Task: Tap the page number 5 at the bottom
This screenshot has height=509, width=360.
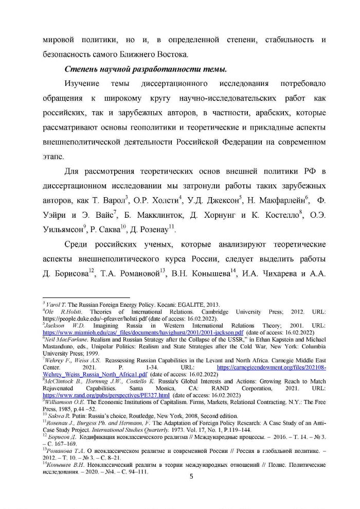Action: coord(191,476)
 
